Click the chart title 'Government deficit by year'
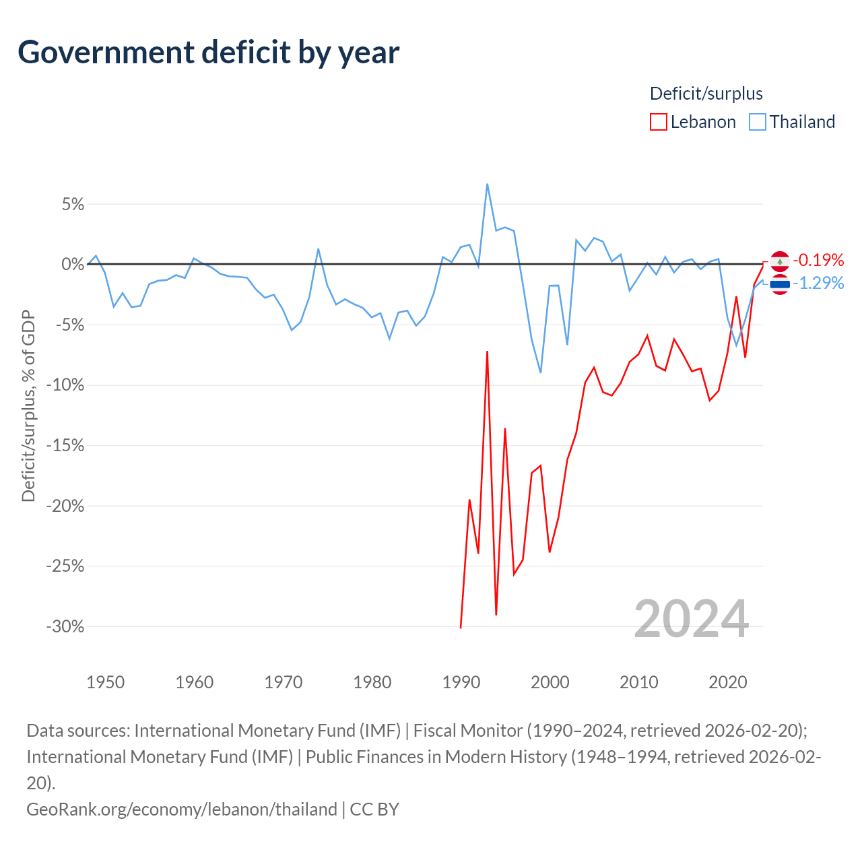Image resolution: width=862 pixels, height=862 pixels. tap(208, 53)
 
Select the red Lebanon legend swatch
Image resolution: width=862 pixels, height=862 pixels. tap(658, 122)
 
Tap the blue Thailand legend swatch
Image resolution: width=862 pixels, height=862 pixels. tap(758, 122)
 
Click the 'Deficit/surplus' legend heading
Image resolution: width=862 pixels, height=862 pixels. tap(706, 94)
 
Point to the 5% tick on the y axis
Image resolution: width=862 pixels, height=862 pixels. tap(73, 205)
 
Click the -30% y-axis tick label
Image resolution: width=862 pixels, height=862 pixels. tap(65, 626)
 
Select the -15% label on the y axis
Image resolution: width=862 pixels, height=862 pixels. tap(65, 446)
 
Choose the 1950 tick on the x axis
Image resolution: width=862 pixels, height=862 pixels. tap(106, 682)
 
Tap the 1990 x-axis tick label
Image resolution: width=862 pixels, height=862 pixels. tap(461, 682)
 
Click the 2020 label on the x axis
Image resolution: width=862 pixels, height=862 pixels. tap(728, 682)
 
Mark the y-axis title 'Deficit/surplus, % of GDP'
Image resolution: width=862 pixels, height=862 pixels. tap(29, 405)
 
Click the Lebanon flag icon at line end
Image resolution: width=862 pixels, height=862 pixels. tap(780, 261)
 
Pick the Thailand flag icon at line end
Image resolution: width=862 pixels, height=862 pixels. tap(780, 284)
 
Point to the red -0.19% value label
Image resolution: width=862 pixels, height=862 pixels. tap(819, 260)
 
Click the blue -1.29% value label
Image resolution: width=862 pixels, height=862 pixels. tap(819, 283)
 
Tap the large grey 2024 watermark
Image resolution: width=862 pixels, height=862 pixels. tap(692, 620)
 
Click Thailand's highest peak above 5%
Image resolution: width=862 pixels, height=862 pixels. tap(487, 184)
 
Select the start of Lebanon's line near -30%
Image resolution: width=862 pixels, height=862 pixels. tap(461, 628)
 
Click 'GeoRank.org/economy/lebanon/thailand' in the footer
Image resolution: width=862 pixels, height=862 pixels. tap(182, 809)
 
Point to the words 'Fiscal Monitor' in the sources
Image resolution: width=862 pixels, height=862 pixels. tap(468, 731)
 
